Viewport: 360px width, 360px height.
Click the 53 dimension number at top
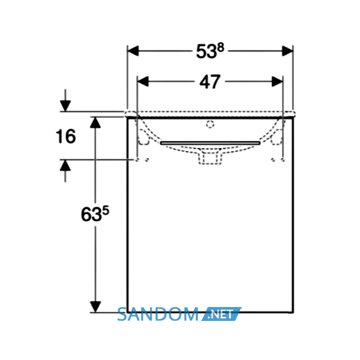coord(206,52)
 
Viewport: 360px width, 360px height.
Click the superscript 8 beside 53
coord(221,48)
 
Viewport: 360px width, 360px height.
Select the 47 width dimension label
coord(210,82)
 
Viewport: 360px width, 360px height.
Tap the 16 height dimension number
coord(66,136)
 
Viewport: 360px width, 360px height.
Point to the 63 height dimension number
coord(91,214)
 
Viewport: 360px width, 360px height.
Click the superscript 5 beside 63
coord(105,210)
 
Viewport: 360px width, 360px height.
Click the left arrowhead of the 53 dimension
coord(133,51)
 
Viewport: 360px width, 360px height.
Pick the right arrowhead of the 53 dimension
coord(287,51)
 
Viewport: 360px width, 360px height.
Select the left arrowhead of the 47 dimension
coord(143,81)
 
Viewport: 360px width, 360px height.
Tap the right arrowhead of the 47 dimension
coord(277,81)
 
